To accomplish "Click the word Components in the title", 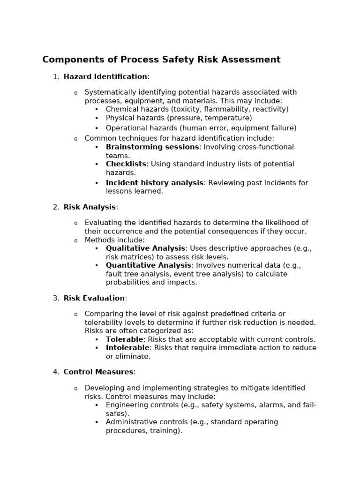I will tap(70, 60).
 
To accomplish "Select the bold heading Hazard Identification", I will tap(105, 77).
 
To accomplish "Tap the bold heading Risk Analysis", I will tap(90, 207).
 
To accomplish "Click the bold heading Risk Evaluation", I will tap(94, 298).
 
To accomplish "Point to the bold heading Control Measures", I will tap(98, 372).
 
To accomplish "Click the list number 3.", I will tap(55, 298).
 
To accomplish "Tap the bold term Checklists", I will tap(126, 164).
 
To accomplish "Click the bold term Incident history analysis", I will tap(154, 183).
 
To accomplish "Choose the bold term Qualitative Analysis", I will tap(146, 248).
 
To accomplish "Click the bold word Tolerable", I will tap(124, 339).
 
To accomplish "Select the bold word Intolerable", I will tap(127, 348).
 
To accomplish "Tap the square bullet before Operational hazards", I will tap(97, 128).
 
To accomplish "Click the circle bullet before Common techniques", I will tap(76, 139).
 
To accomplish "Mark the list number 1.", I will tap(55, 77).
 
